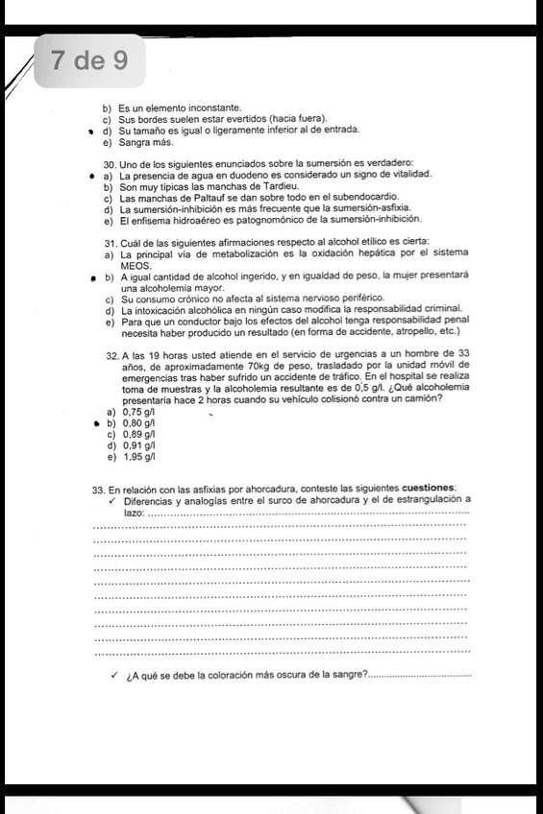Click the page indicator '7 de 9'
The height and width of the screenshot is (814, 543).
point(88,61)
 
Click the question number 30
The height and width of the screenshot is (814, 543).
point(111,165)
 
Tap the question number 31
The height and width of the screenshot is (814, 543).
point(111,240)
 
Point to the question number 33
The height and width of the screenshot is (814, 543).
point(98,489)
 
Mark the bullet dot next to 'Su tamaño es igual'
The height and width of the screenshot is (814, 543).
point(90,132)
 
